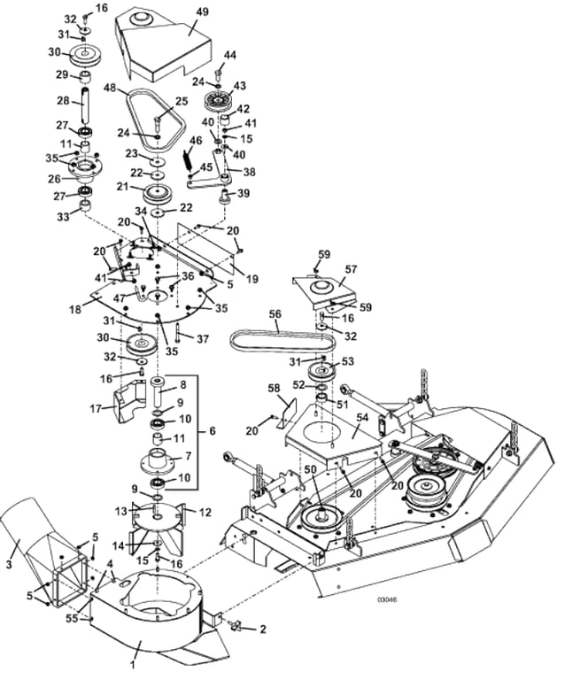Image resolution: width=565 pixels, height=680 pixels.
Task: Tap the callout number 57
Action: tap(351, 268)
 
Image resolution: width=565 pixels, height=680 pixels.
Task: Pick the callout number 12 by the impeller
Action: tap(206, 512)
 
